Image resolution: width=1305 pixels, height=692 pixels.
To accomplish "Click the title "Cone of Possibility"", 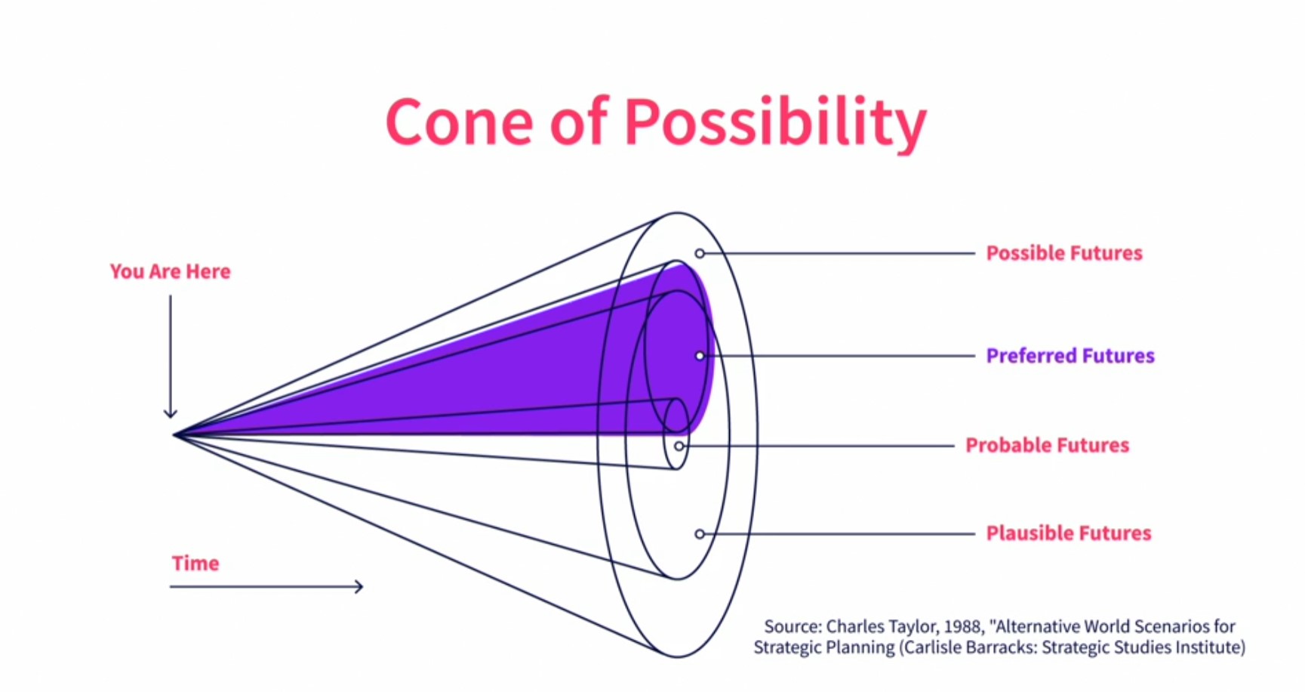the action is coord(656,122).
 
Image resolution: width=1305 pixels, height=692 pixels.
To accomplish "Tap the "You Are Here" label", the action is coord(170,271).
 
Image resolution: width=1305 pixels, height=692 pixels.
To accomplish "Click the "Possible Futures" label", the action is coord(1064,253).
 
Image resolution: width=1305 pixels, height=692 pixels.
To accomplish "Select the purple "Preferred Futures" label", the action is coord(1070,356).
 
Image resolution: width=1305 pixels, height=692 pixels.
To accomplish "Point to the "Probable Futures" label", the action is coord(1047,445).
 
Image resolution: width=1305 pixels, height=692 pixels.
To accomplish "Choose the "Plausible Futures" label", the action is coord(1069,533).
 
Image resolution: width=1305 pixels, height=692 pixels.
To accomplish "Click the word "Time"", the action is coord(195,564).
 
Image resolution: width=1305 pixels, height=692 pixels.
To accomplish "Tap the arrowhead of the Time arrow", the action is coord(360,586).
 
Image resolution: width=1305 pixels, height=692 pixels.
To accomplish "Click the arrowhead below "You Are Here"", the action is coord(171,414).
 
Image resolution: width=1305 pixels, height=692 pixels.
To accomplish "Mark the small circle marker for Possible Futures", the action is coord(700,254).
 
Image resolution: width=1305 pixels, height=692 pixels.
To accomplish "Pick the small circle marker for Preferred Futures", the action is coord(700,356).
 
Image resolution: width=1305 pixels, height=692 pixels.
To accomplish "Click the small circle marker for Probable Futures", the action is coord(679,446).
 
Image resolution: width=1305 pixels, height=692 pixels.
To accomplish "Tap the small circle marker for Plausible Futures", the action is coord(700,534).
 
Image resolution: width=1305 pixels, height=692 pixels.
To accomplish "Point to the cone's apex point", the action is coord(174,435).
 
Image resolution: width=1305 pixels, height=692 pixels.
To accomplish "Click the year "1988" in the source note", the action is coord(963,626).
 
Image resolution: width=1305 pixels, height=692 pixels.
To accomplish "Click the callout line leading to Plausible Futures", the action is coord(839,534).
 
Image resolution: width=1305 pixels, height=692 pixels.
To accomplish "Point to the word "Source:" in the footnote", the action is coord(793,626).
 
